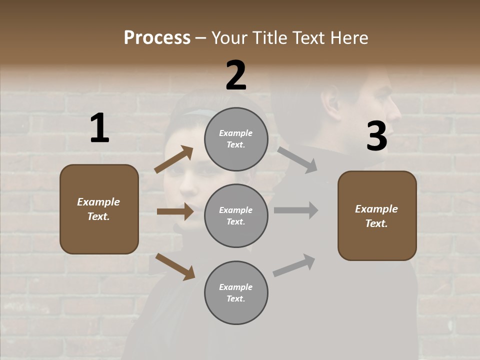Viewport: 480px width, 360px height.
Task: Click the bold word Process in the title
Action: [x=157, y=38]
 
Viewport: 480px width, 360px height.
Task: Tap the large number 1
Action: [x=99, y=128]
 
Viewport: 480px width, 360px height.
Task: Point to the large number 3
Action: [x=376, y=136]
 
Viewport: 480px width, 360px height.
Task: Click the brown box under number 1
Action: [x=99, y=209]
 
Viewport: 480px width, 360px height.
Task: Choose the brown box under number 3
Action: [x=377, y=215]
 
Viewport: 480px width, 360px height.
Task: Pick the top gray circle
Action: [x=236, y=139]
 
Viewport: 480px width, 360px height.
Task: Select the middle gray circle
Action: [x=236, y=215]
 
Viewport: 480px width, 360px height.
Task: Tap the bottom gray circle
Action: [x=236, y=292]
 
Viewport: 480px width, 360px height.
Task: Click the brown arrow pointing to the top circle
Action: [x=174, y=159]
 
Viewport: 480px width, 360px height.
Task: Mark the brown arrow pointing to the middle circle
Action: [x=175, y=211]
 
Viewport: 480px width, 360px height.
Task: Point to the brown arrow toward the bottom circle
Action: [x=175, y=266]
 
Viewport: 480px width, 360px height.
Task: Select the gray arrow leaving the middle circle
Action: [x=296, y=210]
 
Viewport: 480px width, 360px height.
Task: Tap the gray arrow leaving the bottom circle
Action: [x=294, y=265]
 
